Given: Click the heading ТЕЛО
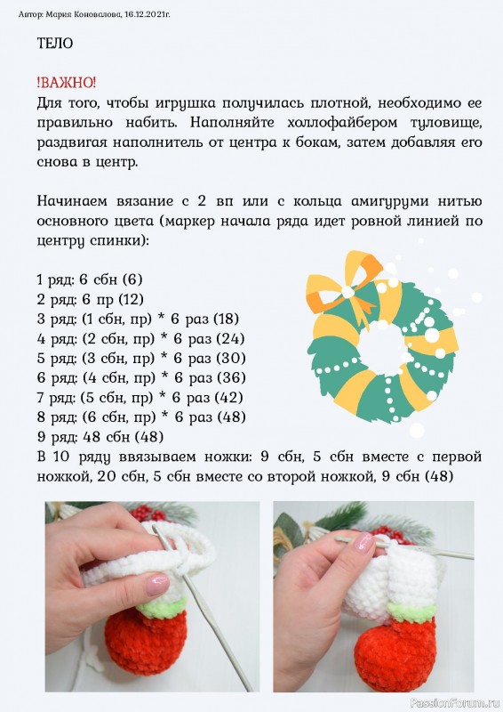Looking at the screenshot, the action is [55, 43].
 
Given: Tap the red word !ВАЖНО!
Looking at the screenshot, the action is [67, 83].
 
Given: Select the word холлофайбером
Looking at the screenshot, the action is [342, 123].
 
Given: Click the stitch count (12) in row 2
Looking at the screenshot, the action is [131, 299].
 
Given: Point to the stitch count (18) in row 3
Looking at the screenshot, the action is [226, 319].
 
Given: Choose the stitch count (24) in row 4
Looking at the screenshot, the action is [231, 339].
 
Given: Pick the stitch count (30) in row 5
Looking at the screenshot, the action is [231, 359].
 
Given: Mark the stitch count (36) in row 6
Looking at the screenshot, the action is [231, 377].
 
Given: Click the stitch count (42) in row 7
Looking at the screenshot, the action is [229, 398].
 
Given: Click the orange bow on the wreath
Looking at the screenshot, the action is [344, 286].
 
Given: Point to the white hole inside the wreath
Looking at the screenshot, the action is [383, 348].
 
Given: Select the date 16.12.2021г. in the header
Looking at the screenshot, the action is [147, 14].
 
